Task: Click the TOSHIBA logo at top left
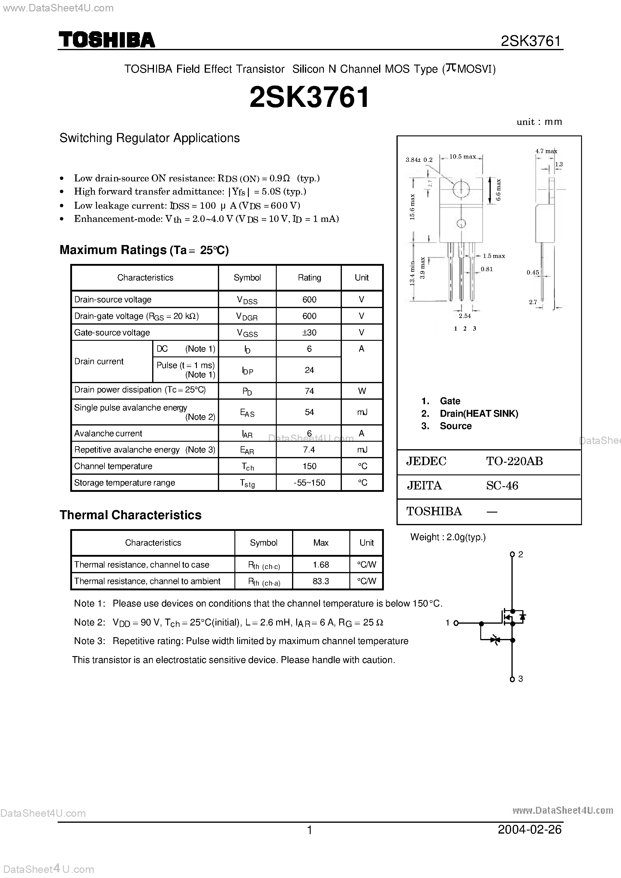(107, 40)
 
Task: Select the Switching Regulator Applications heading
(149, 138)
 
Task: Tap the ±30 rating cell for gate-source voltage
(309, 332)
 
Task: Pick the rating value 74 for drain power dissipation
(309, 391)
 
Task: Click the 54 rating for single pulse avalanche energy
(309, 412)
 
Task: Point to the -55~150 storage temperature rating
(309, 483)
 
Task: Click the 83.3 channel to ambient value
(321, 581)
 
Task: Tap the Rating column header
(309, 277)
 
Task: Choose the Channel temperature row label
(113, 466)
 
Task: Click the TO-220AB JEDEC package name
(514, 461)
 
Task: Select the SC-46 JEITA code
(502, 486)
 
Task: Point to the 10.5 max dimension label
(462, 156)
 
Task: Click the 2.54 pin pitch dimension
(465, 316)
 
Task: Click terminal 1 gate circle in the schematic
(456, 623)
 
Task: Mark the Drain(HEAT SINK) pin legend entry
(479, 413)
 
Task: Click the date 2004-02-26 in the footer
(530, 829)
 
